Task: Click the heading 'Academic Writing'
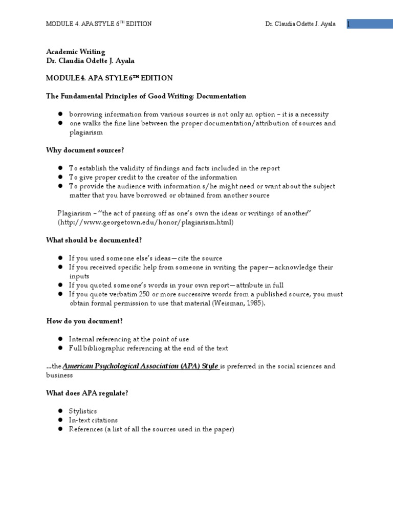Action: [76, 52]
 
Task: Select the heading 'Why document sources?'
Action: [85, 150]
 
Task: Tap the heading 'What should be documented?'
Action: [94, 240]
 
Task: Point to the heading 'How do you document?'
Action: [84, 321]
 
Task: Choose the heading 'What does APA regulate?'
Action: [88, 392]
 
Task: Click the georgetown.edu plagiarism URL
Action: [145, 222]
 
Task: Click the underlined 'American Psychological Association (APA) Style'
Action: [141, 366]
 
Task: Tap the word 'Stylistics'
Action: [83, 411]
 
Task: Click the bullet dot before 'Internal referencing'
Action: [60, 339]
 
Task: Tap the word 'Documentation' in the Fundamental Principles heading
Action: [221, 96]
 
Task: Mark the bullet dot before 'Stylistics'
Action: [60, 411]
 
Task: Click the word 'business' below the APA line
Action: [59, 375]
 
